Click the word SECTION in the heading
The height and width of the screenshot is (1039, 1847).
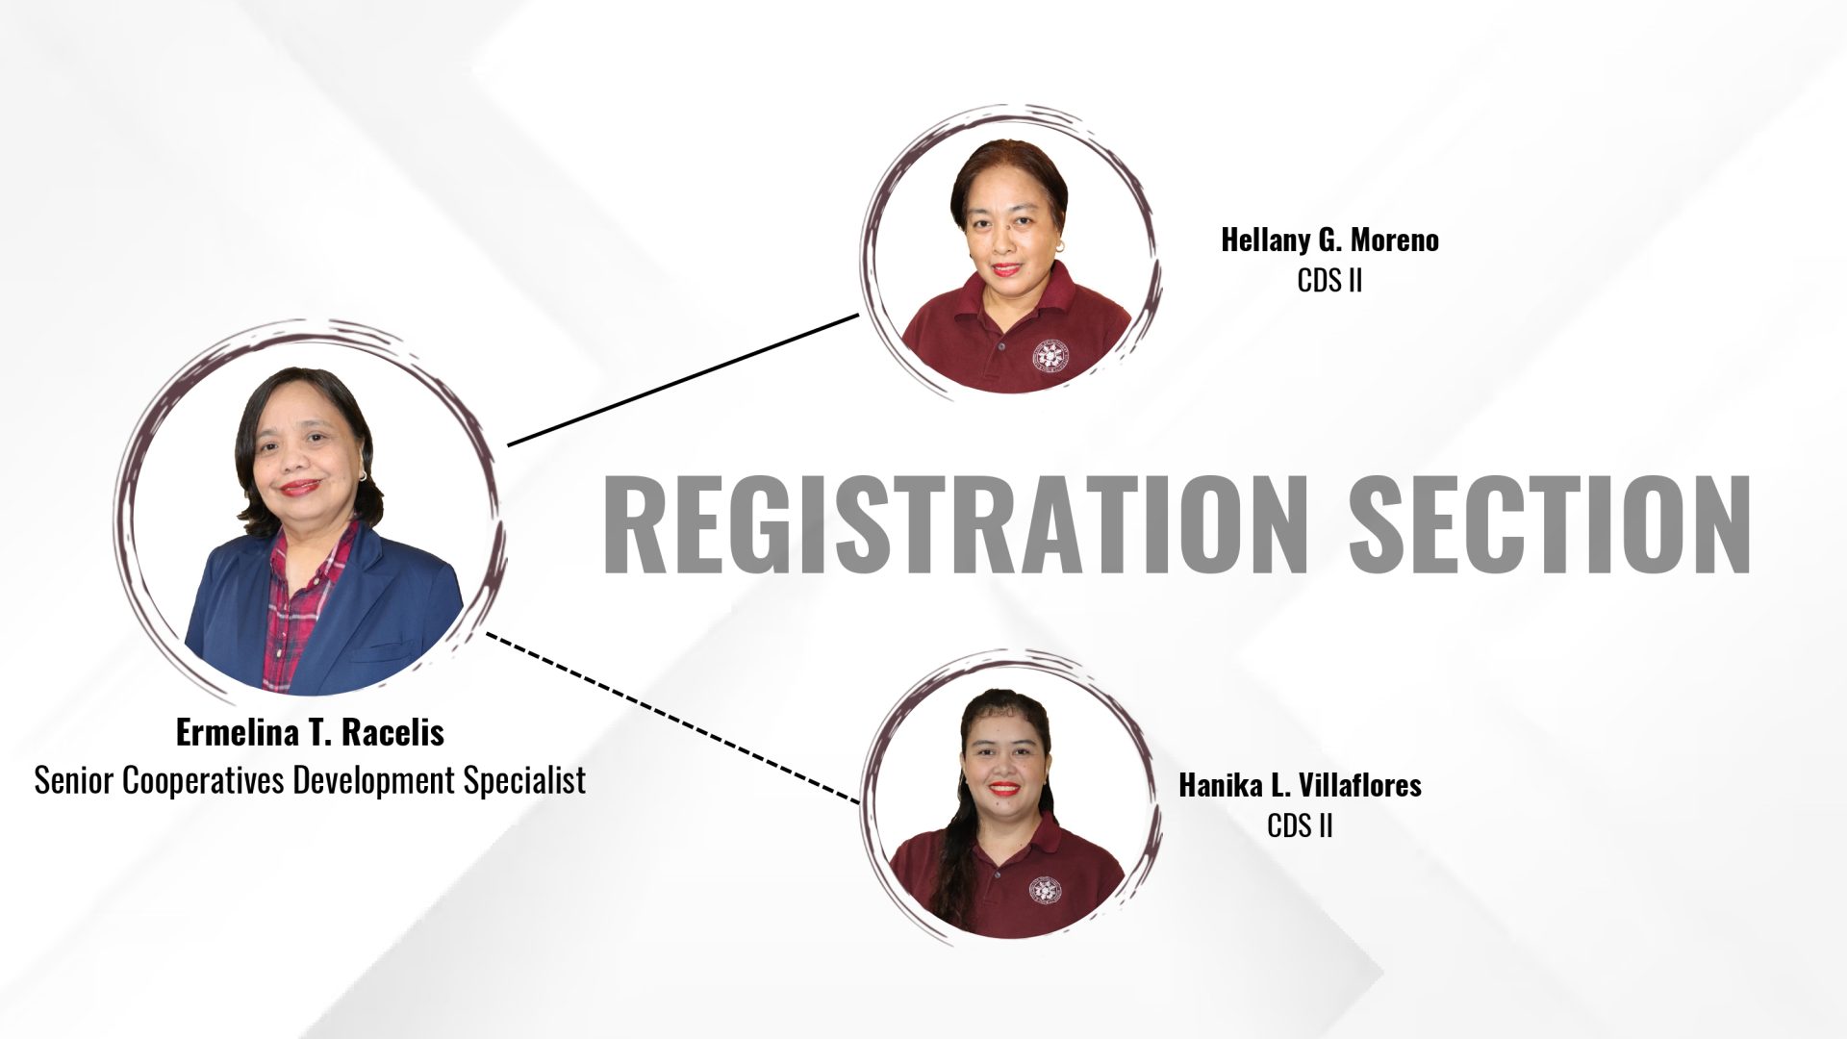point(1550,525)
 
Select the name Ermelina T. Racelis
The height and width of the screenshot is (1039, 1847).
point(310,733)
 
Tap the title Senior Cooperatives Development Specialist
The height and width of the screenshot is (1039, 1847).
point(310,780)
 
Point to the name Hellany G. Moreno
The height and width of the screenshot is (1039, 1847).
point(1329,241)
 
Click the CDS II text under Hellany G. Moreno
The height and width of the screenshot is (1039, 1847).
point(1329,281)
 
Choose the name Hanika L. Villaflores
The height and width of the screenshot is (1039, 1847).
point(1300,785)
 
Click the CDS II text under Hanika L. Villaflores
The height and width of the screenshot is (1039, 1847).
point(1300,825)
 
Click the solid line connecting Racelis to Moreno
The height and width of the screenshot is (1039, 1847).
point(683,379)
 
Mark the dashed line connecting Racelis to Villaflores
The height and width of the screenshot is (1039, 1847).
point(672,717)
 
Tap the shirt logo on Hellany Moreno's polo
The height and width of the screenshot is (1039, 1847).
point(1050,354)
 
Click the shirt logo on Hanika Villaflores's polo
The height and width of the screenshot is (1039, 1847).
point(1044,891)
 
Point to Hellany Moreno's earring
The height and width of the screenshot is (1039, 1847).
point(1059,247)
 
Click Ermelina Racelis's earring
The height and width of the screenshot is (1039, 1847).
point(363,475)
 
